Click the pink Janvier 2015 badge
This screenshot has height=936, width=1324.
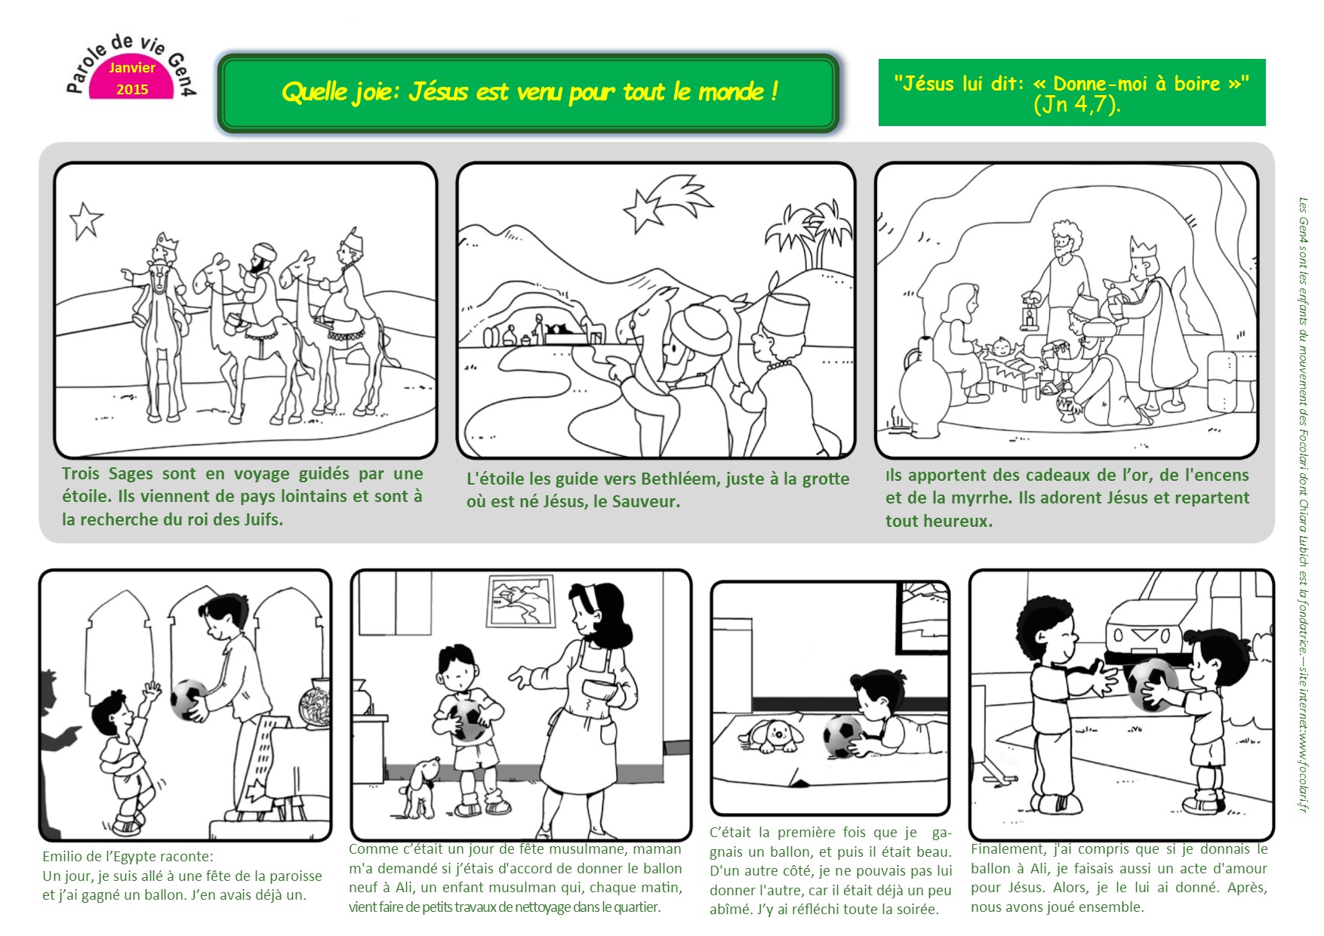click(132, 78)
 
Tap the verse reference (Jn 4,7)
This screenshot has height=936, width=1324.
click(1076, 105)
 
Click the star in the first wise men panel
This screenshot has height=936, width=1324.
click(86, 221)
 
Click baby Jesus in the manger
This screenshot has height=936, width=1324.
click(1002, 348)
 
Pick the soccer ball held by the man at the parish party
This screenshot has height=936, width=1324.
click(189, 699)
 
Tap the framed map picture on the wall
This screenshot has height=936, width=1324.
click(522, 602)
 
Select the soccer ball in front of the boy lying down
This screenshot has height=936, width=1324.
click(843, 736)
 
